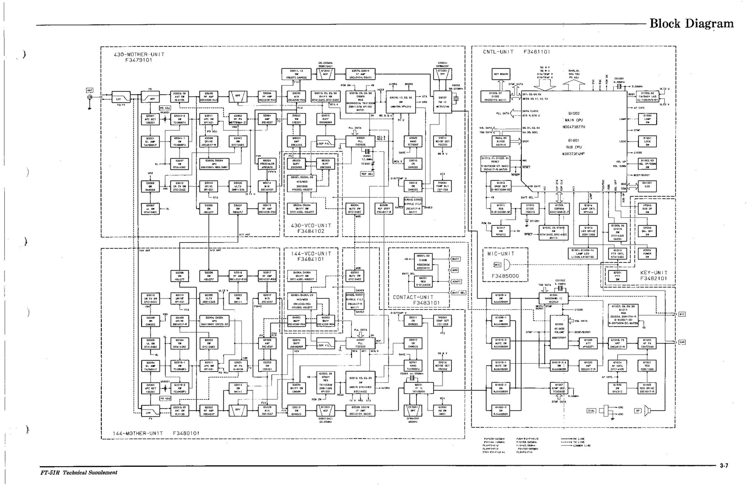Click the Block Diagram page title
point(691,23)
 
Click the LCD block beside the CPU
point(647,185)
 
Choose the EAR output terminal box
point(682,342)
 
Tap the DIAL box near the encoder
point(592,410)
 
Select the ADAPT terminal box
point(456,282)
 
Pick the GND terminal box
point(455,270)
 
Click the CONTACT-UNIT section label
point(413,300)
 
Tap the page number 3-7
point(724,466)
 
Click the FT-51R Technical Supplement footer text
point(78,472)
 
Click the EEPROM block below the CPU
point(559,209)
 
